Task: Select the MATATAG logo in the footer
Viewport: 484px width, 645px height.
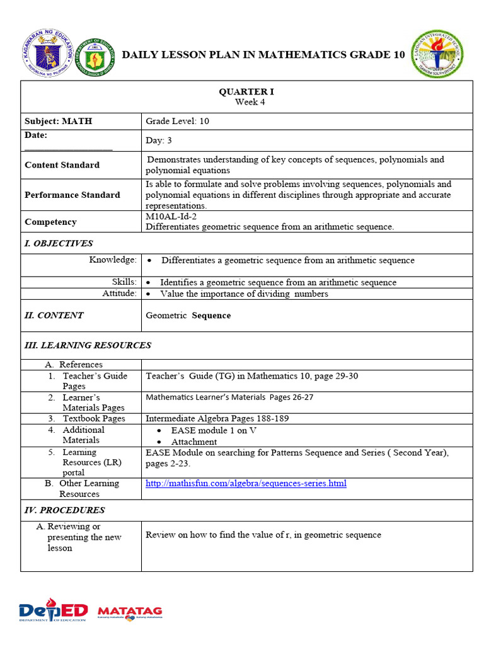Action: click(130, 612)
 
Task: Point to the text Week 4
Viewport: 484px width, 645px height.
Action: click(250, 102)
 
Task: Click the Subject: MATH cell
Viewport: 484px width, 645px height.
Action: click(58, 121)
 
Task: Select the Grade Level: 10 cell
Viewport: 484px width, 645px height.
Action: click(177, 121)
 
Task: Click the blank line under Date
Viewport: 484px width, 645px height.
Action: click(68, 148)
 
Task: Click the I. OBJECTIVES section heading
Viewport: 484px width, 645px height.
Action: click(59, 243)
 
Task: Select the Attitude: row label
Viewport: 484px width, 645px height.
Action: click(119, 294)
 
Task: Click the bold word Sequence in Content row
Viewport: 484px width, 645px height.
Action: click(211, 316)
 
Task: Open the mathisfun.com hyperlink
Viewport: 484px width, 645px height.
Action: click(246, 484)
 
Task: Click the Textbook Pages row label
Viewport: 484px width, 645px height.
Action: click(93, 418)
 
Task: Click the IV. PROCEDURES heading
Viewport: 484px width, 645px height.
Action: click(64, 510)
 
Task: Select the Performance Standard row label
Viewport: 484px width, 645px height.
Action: click(72, 195)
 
